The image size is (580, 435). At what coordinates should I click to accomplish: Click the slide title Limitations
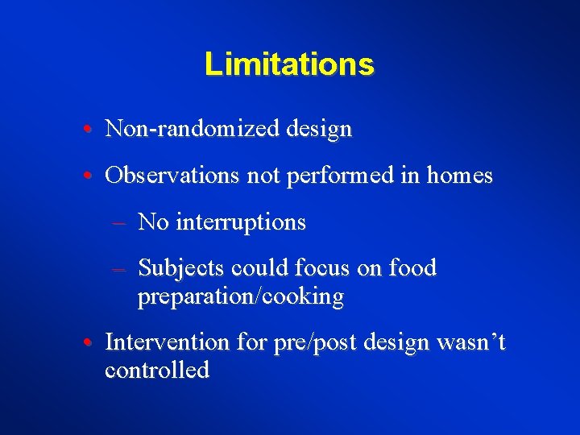point(289,64)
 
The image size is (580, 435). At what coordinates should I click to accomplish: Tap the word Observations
point(172,175)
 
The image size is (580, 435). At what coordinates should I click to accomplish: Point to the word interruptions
point(240,222)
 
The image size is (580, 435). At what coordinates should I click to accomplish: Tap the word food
point(411,268)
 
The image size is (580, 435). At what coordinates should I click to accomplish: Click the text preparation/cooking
point(241,296)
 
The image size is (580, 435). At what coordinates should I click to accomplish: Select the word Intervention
point(168,342)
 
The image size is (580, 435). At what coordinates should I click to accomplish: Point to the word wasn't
point(470,342)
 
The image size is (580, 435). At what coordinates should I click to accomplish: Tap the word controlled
point(157,371)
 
